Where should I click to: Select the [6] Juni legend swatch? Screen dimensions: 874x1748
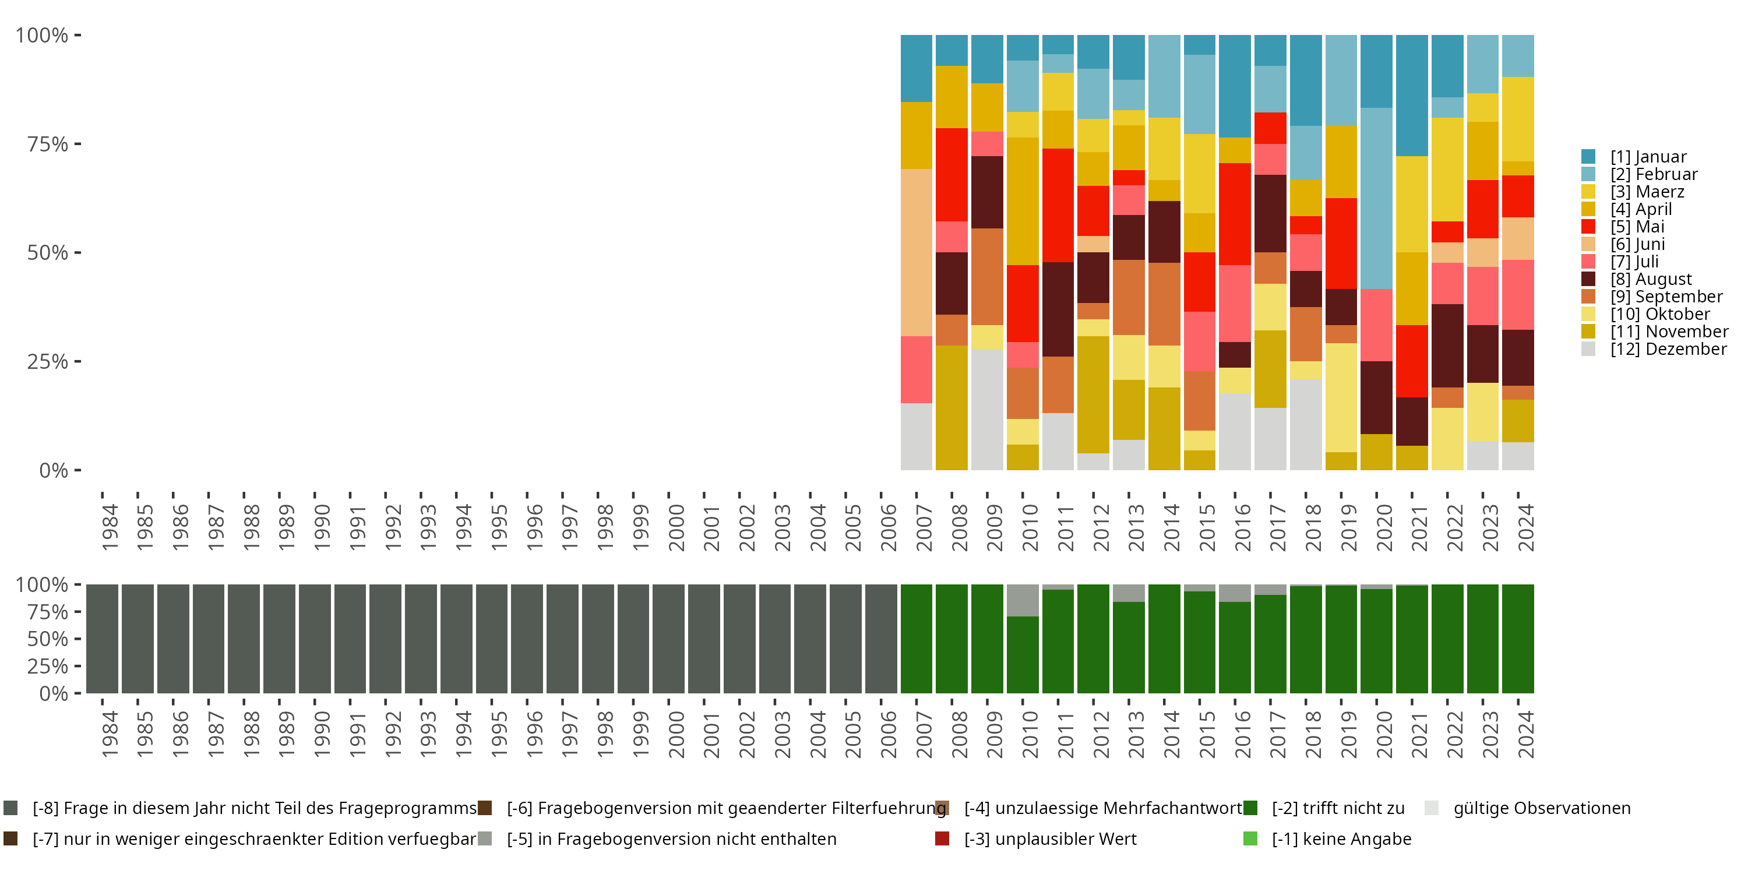pyautogui.click(x=1588, y=244)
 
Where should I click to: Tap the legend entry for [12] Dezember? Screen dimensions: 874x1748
pyautogui.click(x=1668, y=350)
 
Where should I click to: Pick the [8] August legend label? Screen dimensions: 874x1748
pyautogui.click(x=1651, y=280)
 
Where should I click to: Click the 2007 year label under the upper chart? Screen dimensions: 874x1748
pyautogui.click(x=924, y=528)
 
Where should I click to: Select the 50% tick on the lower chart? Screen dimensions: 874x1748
pyautogui.click(x=48, y=639)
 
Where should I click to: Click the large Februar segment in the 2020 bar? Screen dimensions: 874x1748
pyautogui.click(x=1376, y=198)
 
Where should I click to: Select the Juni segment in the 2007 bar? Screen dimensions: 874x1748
pyautogui.click(x=916, y=252)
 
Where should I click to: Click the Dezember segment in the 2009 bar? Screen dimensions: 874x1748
pyautogui.click(x=986, y=409)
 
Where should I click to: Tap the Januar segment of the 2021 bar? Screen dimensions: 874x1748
pyautogui.click(x=1411, y=96)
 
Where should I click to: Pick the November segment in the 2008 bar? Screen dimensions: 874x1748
pyautogui.click(x=951, y=408)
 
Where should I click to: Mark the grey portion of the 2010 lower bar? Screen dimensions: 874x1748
pyautogui.click(x=1023, y=601)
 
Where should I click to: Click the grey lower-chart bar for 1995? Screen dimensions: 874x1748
pyautogui.click(x=491, y=639)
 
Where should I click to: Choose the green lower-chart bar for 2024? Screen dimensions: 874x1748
pyautogui.click(x=1517, y=639)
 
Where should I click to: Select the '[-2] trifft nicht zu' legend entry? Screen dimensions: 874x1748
pyautogui.click(x=1337, y=808)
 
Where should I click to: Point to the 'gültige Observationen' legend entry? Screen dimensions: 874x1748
pyautogui.click(x=1541, y=808)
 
